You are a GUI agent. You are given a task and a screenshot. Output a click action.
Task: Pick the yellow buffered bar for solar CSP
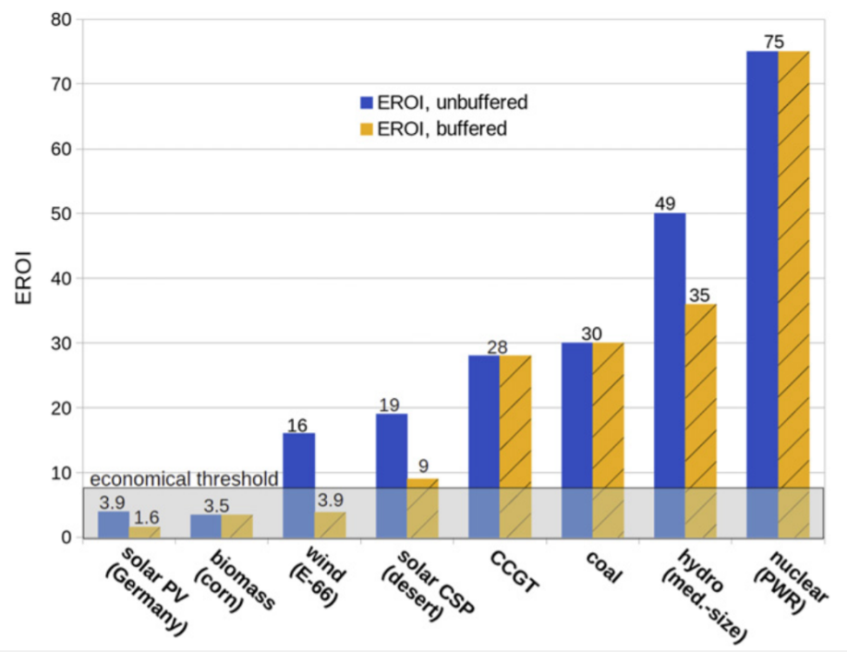[423, 508]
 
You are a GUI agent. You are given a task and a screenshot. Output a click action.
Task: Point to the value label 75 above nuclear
[777, 42]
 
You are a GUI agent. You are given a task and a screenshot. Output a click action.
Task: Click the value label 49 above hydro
[669, 203]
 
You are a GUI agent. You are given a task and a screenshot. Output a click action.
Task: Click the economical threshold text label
[185, 478]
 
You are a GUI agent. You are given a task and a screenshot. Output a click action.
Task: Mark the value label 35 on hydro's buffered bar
[700, 295]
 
